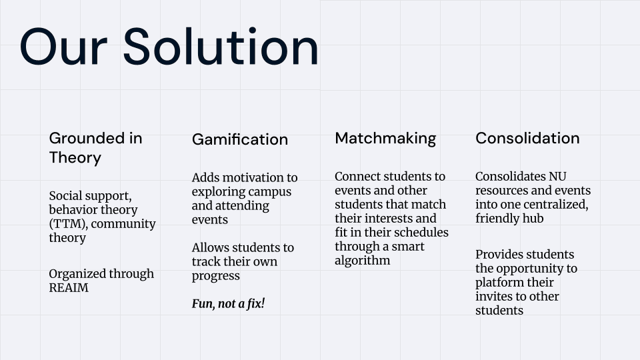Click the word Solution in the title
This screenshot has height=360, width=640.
(220, 47)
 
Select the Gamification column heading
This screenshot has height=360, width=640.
(240, 139)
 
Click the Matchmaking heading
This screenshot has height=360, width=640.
(385, 138)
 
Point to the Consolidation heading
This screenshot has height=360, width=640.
(527, 138)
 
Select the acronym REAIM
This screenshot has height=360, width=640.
(70, 288)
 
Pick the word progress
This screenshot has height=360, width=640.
(215, 276)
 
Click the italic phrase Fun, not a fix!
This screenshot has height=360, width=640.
(229, 304)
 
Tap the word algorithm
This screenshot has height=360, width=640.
(362, 261)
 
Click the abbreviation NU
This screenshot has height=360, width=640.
(557, 177)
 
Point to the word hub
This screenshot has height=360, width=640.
(533, 219)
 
